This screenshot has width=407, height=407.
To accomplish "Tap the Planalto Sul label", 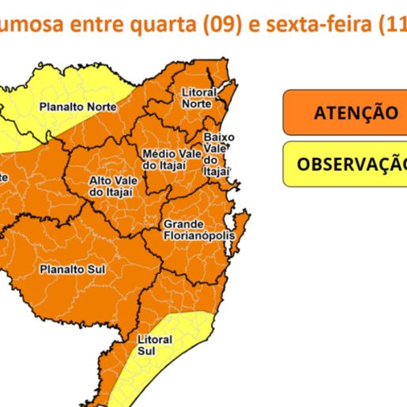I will [x=73, y=269].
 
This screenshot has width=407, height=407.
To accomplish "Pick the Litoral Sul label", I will [x=154, y=344].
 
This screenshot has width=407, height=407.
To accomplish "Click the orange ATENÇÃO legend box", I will [x=345, y=112].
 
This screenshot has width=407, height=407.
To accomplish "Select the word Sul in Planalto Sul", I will [x=96, y=269].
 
